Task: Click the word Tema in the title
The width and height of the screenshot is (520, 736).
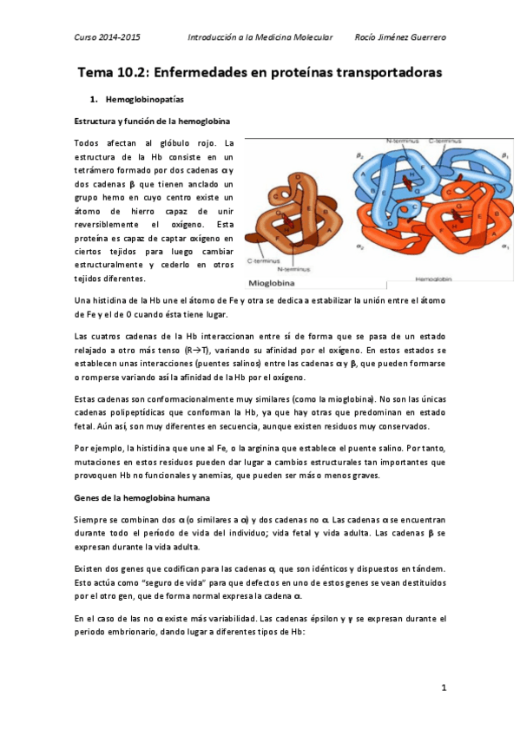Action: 96,72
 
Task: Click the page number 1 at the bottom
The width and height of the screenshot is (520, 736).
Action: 443,688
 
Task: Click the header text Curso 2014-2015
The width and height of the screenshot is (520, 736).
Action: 108,37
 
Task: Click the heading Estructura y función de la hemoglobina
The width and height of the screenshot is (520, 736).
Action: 152,121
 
